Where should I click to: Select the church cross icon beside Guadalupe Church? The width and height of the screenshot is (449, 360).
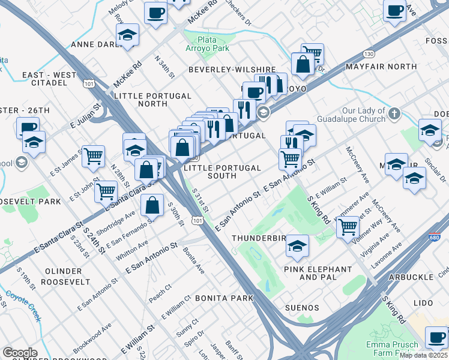point(394,113)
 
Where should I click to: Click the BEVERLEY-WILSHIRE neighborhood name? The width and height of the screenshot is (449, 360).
point(232,70)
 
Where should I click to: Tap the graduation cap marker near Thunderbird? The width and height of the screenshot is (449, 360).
point(297,245)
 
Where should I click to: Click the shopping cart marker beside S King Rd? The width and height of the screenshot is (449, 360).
point(348,227)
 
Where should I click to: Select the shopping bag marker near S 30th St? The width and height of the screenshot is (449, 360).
point(153,205)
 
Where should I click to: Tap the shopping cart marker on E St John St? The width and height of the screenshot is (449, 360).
point(106,191)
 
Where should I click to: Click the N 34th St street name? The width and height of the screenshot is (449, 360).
point(164,67)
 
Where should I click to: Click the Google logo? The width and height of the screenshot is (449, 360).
point(20,352)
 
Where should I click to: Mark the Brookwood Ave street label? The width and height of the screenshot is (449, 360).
point(92,339)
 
